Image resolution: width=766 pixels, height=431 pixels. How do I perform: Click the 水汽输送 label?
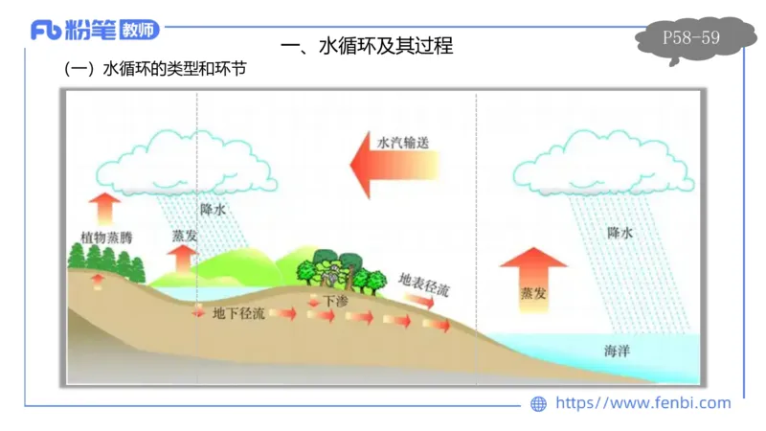pyautogui.click(x=402, y=143)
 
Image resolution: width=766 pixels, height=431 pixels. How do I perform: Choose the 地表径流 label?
pyautogui.click(x=423, y=282)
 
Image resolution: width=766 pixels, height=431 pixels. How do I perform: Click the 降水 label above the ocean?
pyautogui.click(x=620, y=233)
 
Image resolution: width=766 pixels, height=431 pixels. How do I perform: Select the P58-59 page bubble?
pyautogui.click(x=691, y=38)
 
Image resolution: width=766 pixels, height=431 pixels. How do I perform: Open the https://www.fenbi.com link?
pyautogui.click(x=642, y=403)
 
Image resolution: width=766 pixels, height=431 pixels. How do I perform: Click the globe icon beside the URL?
pyautogui.click(x=539, y=404)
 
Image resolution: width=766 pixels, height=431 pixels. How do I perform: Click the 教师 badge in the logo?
pyautogui.click(x=141, y=31)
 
